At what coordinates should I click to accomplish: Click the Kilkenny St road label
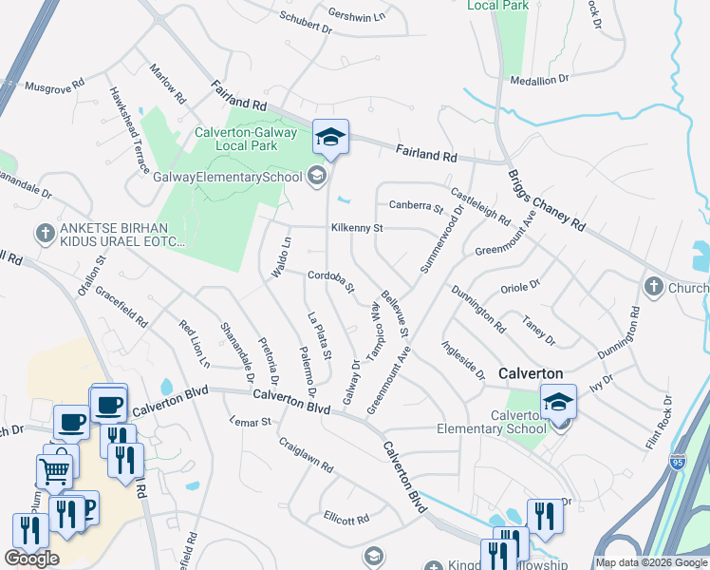click(356, 228)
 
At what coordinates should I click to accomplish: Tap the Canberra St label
click(416, 206)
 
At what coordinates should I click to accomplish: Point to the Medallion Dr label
click(538, 80)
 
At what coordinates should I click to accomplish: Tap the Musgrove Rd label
click(55, 85)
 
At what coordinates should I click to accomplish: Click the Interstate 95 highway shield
click(677, 463)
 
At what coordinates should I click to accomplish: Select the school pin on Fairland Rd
click(330, 138)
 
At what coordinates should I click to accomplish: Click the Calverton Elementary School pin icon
click(558, 403)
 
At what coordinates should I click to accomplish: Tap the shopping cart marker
click(54, 469)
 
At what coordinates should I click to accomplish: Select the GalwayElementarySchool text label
click(228, 178)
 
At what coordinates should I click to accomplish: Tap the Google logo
click(30, 559)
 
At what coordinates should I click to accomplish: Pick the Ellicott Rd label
click(346, 519)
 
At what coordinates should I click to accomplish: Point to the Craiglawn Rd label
click(306, 455)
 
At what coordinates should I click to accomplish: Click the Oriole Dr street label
click(519, 283)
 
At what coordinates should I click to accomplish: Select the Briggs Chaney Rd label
click(545, 200)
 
